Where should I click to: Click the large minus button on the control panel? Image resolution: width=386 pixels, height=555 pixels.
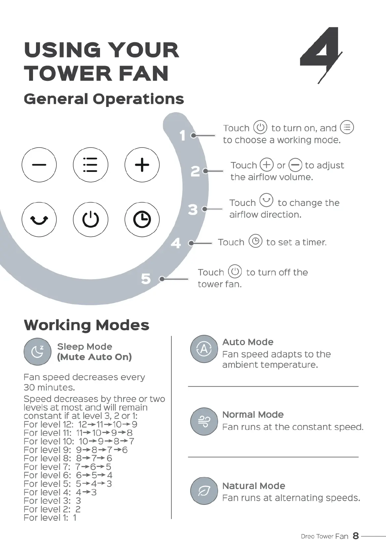39,165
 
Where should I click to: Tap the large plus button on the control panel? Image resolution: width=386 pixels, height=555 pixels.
142,165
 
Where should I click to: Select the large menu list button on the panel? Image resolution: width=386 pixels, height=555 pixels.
90,165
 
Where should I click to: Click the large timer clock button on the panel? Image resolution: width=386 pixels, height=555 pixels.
142,219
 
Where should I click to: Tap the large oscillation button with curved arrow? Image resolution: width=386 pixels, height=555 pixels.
39,219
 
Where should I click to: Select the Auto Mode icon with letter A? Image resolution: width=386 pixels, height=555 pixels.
204,349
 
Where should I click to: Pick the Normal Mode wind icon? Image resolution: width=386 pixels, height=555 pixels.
204,421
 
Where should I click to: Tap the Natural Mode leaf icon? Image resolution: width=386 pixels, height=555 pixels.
204,491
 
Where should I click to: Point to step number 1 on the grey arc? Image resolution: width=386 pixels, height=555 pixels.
183,136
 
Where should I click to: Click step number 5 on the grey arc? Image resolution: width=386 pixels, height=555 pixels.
146,279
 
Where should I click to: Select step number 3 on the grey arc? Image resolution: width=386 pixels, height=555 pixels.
193,210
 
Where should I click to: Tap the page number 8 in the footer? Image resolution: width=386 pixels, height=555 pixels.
356,536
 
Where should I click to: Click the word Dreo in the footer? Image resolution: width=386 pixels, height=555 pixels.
307,537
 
